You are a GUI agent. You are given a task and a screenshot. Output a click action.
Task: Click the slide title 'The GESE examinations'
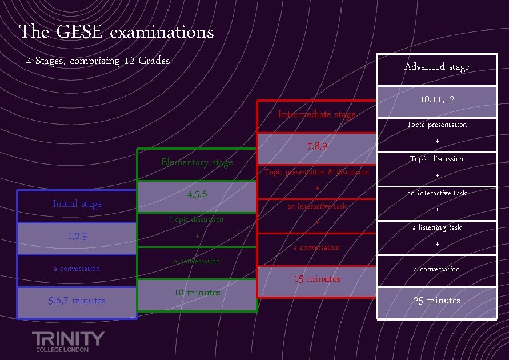117,32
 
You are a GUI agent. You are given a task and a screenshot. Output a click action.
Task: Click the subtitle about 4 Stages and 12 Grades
94,61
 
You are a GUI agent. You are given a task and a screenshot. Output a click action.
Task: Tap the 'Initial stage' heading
77,204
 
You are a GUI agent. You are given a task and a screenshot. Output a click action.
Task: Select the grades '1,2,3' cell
77,237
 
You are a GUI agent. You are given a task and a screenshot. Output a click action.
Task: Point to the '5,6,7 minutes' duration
77,301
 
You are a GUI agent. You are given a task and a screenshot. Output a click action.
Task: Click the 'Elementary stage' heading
197,162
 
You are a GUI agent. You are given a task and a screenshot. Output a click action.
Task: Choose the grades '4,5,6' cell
197,195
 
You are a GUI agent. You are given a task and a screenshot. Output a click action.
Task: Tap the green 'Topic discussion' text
197,219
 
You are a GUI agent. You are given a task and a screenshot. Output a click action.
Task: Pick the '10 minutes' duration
197,293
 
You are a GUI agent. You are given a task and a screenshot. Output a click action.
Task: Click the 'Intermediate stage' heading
316,114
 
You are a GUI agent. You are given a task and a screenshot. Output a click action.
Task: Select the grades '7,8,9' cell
316,146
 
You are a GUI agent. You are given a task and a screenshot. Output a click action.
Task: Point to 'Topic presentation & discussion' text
316,172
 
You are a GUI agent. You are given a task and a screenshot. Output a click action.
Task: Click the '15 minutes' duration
316,279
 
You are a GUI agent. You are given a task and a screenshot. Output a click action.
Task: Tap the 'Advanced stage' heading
436,67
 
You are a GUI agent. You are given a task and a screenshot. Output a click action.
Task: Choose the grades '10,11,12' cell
436,99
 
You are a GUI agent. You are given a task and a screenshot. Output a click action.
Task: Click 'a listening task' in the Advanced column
436,227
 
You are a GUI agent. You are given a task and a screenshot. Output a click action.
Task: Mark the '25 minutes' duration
436,301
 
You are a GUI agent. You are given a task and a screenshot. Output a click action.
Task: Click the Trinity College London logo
68,341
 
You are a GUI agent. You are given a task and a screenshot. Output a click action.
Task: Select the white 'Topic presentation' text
436,125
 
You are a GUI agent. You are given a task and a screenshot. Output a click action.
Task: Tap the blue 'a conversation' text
77,269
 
